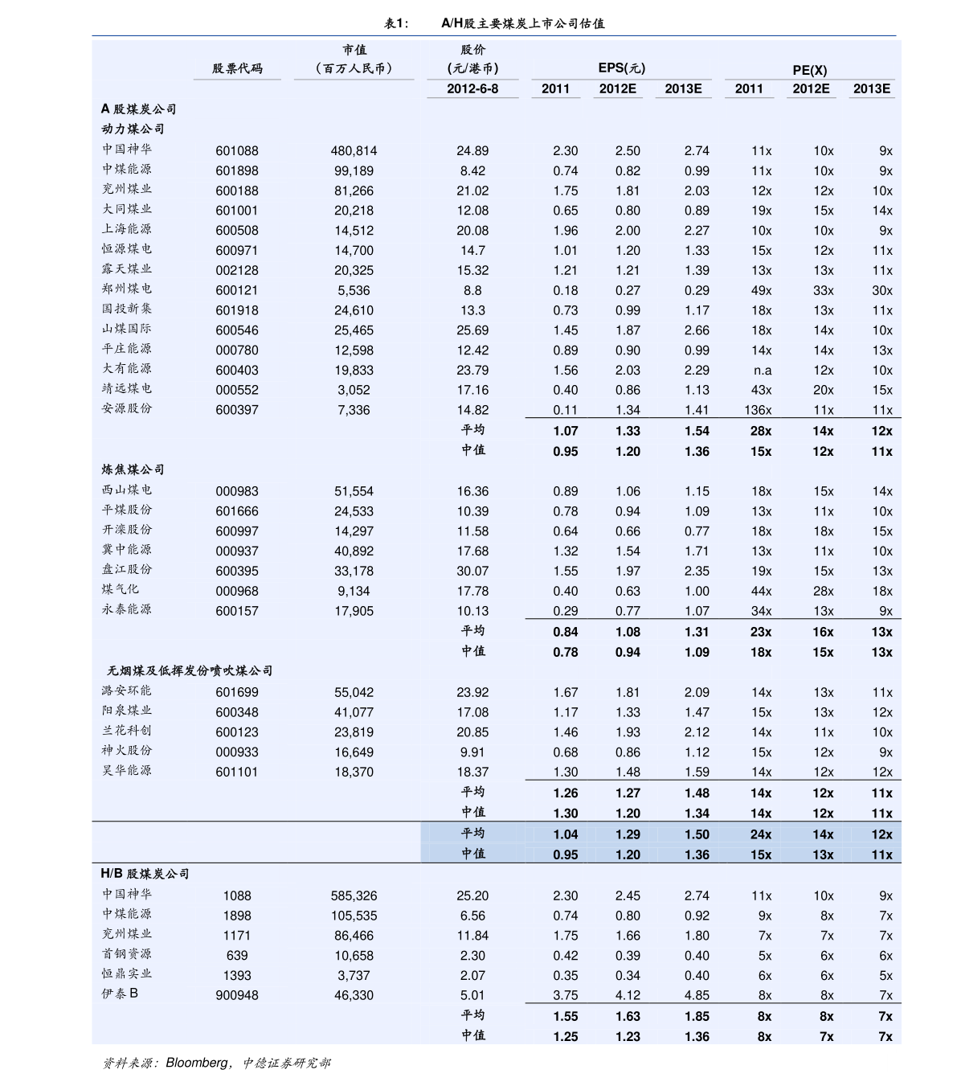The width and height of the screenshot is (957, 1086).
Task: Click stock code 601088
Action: coord(236,151)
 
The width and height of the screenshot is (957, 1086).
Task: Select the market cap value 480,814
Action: coord(354,151)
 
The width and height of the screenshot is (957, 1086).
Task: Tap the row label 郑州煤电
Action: coord(127,289)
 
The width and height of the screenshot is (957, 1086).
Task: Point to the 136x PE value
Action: coord(758,411)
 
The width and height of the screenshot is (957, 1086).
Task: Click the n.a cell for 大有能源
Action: coord(762,371)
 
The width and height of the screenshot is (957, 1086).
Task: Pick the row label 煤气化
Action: coord(121,589)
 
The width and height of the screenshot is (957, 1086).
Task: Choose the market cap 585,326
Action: coord(354,895)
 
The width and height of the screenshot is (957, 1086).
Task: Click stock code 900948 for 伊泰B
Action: coord(236,995)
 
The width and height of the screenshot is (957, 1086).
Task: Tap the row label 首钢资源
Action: coord(127,954)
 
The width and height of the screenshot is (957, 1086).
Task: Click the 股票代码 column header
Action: coord(237,69)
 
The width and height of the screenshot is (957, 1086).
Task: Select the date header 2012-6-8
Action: coord(472,88)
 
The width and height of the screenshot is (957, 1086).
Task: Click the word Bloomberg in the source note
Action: coord(197,1063)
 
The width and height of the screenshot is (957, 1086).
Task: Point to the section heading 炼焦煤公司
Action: coord(133,469)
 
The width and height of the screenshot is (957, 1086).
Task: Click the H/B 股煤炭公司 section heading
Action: coord(145,874)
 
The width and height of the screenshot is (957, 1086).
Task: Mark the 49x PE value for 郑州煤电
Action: coord(761,291)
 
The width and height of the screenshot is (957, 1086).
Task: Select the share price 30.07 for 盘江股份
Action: coord(472,572)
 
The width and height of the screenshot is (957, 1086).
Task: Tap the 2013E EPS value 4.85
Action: coord(697,995)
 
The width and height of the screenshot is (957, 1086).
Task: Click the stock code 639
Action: coord(236,956)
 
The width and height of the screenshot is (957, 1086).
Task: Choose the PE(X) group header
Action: coord(809,70)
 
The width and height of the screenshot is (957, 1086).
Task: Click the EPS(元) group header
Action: coord(621,68)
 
